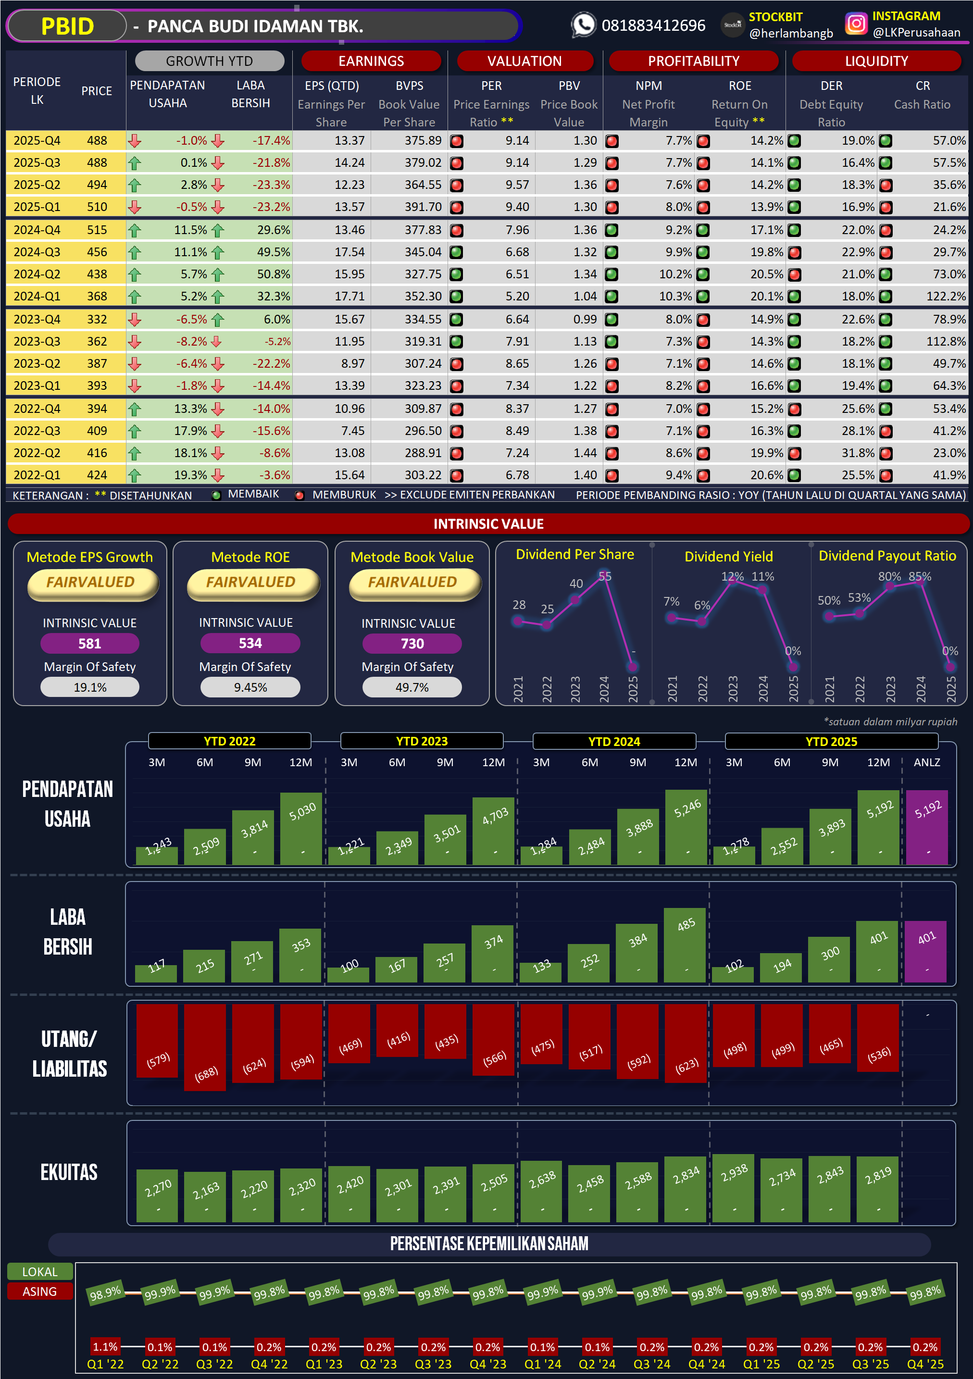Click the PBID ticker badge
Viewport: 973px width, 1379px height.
click(x=67, y=26)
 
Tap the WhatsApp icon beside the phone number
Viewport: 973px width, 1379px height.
click(x=583, y=25)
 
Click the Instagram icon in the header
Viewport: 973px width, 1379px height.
click(x=856, y=24)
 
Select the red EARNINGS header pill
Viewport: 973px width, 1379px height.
click(x=371, y=61)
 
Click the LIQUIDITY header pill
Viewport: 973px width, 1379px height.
click(x=876, y=61)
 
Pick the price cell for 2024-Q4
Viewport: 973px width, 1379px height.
click(x=97, y=230)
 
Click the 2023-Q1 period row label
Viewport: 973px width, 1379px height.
click(x=37, y=385)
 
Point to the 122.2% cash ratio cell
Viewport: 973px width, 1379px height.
click(x=946, y=296)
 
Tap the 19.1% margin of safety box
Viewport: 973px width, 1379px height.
click(x=89, y=687)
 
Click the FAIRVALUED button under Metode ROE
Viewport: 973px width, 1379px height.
click(x=250, y=583)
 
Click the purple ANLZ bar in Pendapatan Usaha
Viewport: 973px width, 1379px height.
click(x=927, y=828)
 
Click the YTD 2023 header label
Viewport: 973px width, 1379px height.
click(x=422, y=741)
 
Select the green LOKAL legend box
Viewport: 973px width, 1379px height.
click(x=39, y=1271)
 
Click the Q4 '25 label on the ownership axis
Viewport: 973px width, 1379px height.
click(x=924, y=1364)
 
